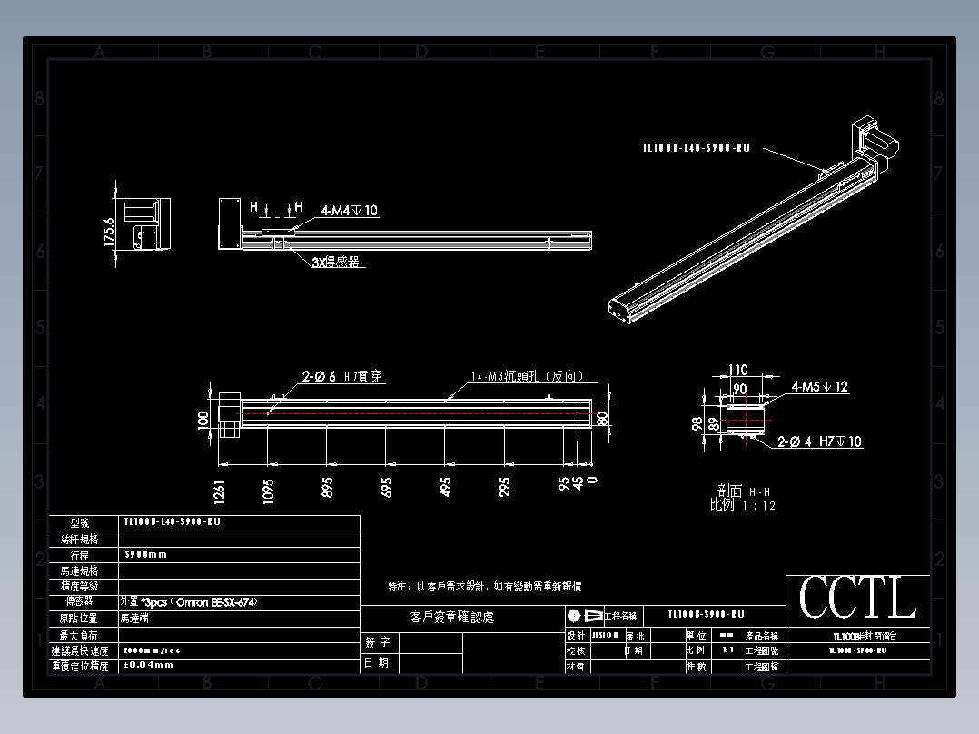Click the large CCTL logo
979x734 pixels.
coord(857,600)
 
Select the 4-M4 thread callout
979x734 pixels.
coord(349,211)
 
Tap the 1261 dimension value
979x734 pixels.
coord(219,490)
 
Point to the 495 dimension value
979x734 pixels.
coord(446,487)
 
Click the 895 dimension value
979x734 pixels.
coord(327,487)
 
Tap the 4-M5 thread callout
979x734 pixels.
coord(820,387)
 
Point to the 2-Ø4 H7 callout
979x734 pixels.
coord(820,442)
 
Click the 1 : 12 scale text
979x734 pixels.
coord(759,506)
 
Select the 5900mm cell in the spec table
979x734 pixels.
coord(145,554)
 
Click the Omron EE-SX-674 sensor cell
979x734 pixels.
coord(183,601)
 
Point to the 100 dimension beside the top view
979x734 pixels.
coord(203,419)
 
